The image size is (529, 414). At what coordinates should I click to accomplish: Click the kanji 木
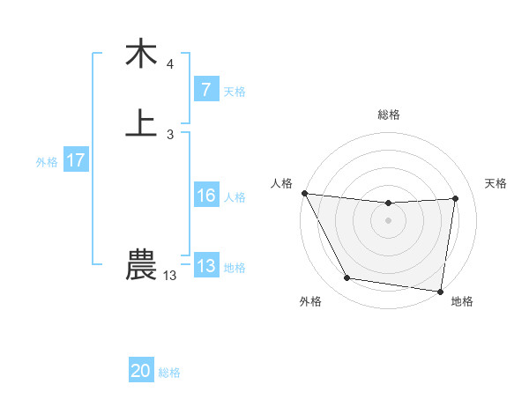click(141, 55)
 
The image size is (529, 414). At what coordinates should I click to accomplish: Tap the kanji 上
click(141, 123)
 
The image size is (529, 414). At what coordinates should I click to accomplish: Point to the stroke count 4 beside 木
click(170, 64)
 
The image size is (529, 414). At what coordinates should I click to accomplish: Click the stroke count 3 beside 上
click(170, 134)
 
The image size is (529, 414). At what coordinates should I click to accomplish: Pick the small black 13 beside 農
click(170, 276)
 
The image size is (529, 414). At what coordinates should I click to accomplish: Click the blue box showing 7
click(205, 89)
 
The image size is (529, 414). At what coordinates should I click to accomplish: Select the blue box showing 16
click(205, 196)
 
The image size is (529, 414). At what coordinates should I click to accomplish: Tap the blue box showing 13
click(205, 265)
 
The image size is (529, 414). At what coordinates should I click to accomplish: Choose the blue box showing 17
click(76, 160)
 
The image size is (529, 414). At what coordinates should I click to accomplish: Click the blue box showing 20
click(141, 371)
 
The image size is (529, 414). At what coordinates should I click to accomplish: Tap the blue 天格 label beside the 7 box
click(235, 92)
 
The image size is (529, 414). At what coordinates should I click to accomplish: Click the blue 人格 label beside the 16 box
click(235, 197)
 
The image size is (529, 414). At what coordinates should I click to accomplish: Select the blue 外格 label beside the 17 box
click(47, 162)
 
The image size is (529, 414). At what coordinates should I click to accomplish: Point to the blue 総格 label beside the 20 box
click(169, 373)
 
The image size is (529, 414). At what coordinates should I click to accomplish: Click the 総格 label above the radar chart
click(389, 115)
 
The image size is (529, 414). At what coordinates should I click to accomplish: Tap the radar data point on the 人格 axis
click(305, 193)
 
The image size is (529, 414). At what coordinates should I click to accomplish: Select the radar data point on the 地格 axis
click(440, 291)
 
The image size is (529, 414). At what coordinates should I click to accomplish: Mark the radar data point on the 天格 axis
click(456, 198)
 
